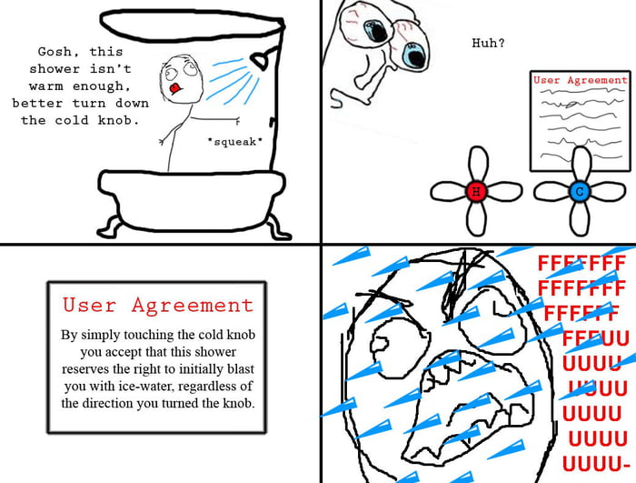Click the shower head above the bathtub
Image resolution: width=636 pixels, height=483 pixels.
(262, 61)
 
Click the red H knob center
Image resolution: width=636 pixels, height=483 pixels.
(473, 192)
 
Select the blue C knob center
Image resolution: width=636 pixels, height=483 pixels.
(579, 192)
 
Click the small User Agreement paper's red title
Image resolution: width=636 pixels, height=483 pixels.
(580, 81)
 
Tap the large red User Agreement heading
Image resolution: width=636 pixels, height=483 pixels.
(157, 305)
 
